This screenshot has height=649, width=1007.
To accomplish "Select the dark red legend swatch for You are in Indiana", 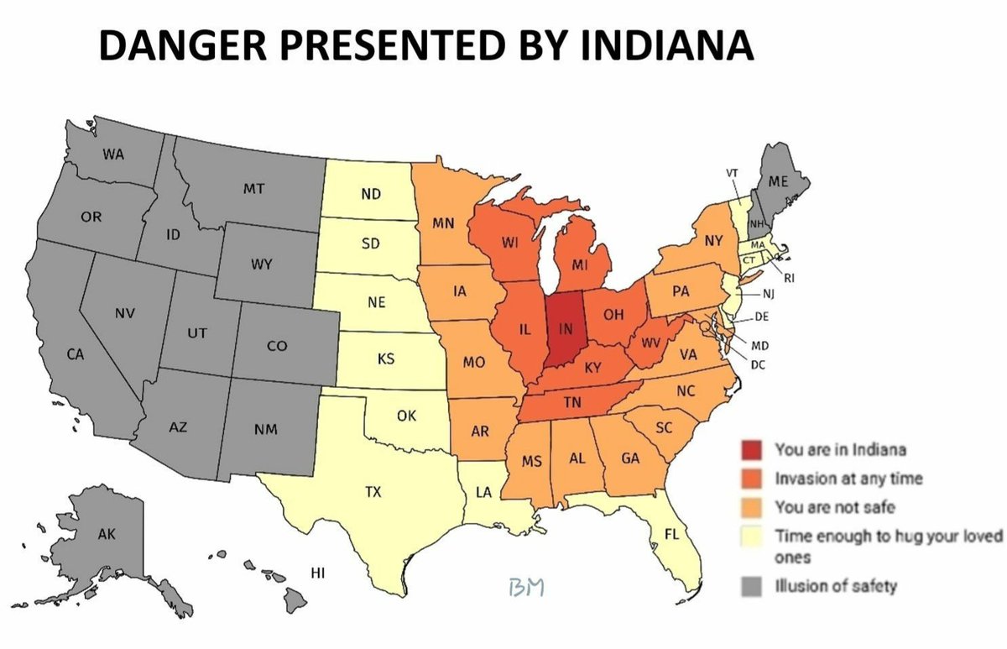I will click(x=753, y=450).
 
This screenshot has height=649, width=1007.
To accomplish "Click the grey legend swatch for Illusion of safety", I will click(x=753, y=587).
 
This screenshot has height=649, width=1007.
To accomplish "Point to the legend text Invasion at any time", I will click(x=848, y=479).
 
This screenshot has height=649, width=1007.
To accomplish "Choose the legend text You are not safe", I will click(x=834, y=506).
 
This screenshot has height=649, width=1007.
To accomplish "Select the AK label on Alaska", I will click(x=106, y=534).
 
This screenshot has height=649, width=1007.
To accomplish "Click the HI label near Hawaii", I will click(x=318, y=573).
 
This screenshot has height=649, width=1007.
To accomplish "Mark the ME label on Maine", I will click(x=778, y=181).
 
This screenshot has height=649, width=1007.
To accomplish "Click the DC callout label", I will click(x=759, y=364).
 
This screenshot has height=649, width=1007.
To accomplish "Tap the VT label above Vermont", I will click(x=732, y=173).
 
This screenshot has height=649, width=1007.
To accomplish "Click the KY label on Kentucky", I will click(x=593, y=367).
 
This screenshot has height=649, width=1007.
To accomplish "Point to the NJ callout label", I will click(x=769, y=294).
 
